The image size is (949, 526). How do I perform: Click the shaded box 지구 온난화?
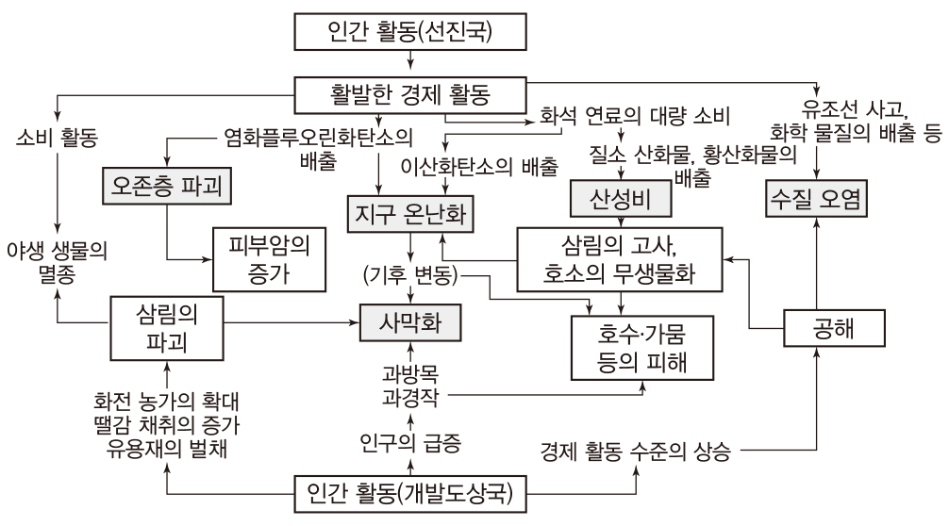coord(409,213)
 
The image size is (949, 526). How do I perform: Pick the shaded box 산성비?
coord(617,200)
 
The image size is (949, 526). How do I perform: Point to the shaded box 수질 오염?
coord(816,200)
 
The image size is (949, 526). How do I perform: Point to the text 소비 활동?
coord(58,138)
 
